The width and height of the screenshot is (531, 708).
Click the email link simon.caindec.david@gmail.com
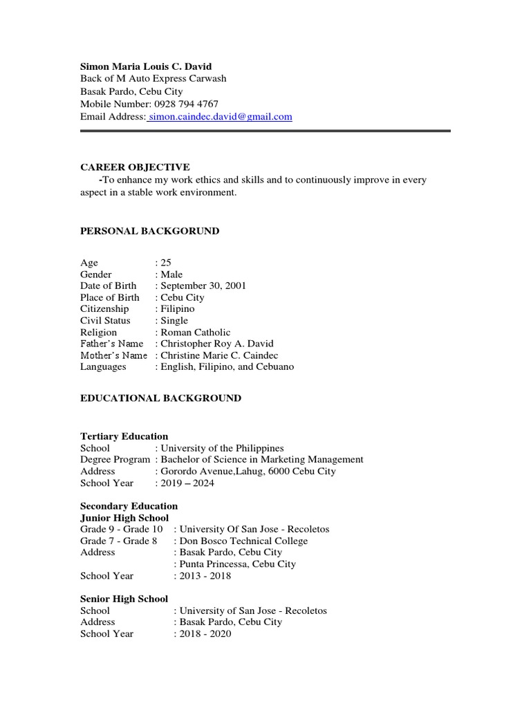pos(220,117)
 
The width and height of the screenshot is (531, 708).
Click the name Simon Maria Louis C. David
pos(146,66)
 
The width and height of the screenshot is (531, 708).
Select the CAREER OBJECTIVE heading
pos(135,167)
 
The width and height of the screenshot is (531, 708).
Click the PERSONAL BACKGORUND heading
pos(149,231)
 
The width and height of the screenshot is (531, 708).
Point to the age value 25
pos(166,263)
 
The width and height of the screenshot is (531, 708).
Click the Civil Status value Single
pos(174,321)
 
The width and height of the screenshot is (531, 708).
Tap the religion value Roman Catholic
pos(195,333)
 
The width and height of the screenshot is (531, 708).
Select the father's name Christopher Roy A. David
pos(216,344)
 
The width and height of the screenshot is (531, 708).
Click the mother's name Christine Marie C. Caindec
pos(222,355)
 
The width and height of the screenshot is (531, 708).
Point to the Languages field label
pos(103,367)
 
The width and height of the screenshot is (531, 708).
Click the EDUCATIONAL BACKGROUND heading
pos(160,398)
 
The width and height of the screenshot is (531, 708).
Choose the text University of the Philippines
pos(222,448)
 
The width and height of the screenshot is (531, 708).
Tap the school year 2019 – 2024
pos(187,483)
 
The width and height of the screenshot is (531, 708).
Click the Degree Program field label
pos(115,460)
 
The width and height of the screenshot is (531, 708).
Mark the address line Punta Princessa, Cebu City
pos(237,564)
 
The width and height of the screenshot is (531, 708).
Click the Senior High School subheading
pos(124,599)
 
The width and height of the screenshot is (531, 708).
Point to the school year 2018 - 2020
pos(205,634)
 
